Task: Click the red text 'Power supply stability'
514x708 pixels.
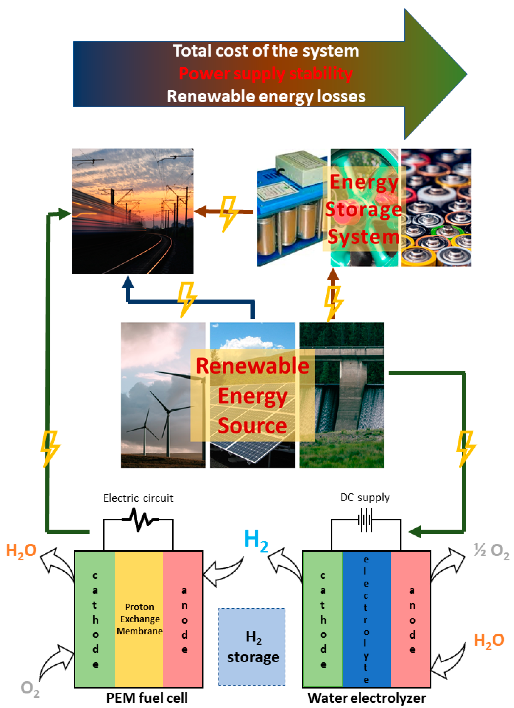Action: pos(266,74)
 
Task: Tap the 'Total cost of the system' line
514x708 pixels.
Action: pos(266,51)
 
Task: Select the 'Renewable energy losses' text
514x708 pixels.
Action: pos(266,96)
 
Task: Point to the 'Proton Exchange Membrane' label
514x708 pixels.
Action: pos(139,619)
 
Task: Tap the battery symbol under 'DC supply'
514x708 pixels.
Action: pos(365,520)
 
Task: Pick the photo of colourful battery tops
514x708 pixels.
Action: pos(436,207)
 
